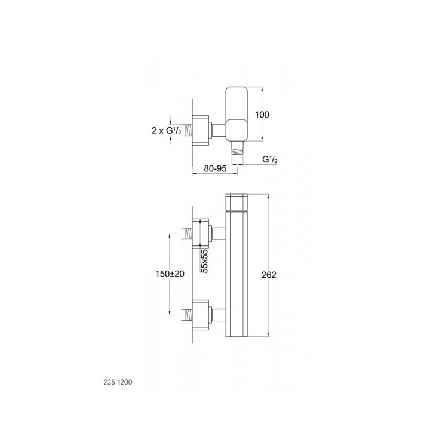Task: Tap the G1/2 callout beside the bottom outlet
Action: coord(271,160)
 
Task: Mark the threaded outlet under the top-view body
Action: coord(239,151)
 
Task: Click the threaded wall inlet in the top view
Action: coord(192,129)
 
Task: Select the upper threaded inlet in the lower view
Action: coord(192,233)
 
